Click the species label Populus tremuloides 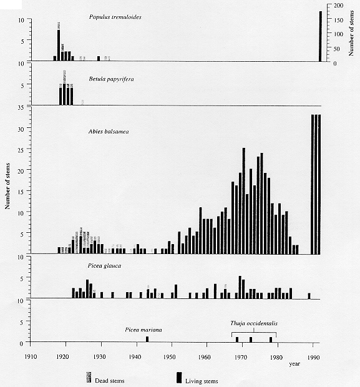115,17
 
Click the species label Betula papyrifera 111,79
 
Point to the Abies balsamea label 109,131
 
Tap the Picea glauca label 104,266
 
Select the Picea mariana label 144,330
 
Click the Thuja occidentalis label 254,323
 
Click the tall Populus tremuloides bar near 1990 320,36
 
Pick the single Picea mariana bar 147,339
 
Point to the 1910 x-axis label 31,356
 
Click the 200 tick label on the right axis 338,6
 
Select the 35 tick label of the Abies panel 21,107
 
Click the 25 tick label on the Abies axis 21,150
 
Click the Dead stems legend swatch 89,378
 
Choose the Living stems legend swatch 180,378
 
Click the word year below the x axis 294,364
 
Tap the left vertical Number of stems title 7,186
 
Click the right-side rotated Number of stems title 351,33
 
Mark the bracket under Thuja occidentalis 254,333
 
